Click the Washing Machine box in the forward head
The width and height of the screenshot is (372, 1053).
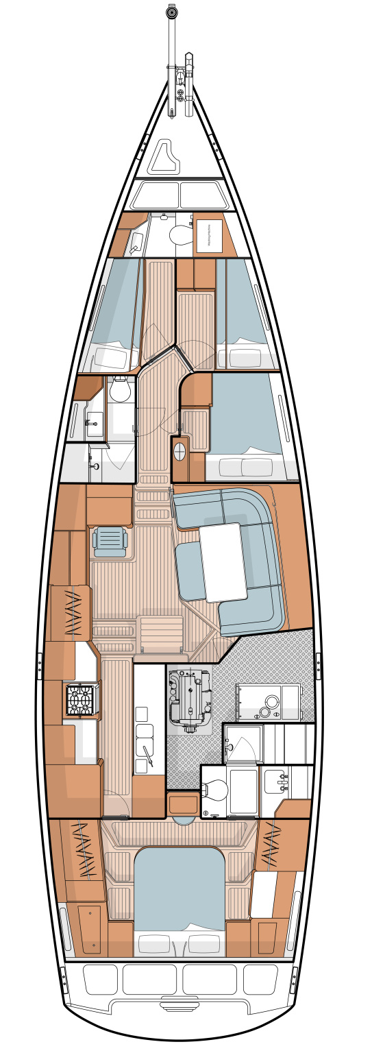pos(209,236)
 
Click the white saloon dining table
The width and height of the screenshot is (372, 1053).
pos(223,562)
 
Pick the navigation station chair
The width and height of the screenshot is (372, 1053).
pos(110,540)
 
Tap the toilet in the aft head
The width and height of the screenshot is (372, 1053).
pos(215,790)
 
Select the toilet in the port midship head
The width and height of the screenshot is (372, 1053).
pos(121,390)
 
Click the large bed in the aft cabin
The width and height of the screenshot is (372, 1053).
pos(179,891)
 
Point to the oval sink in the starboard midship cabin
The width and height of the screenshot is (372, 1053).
pos(180,451)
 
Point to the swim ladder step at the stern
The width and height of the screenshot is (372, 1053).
pos(179,1008)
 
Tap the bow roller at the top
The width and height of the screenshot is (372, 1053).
pos(172,12)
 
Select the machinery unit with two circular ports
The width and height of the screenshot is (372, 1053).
pos(268,703)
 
